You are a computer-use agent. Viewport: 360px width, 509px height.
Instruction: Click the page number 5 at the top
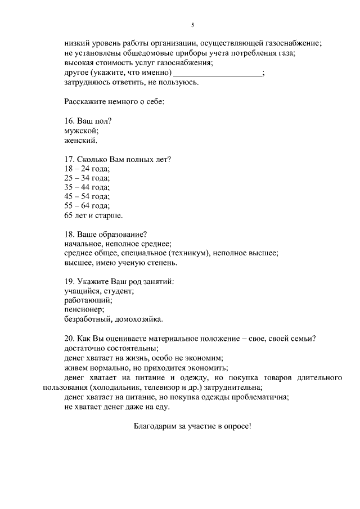(192, 25)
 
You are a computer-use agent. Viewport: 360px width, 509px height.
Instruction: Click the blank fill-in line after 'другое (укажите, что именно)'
(218, 73)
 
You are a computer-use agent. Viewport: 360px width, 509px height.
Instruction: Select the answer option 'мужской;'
(82, 130)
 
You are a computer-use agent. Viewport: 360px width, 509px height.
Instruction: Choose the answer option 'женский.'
(82, 140)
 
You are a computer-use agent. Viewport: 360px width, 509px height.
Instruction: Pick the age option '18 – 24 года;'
(87, 169)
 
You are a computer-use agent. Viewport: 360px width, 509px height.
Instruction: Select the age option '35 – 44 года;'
(87, 187)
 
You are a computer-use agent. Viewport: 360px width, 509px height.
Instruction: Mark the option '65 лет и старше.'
(94, 215)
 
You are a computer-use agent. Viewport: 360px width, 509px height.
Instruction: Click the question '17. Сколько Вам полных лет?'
(118, 159)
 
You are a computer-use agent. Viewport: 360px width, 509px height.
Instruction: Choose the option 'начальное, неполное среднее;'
(118, 244)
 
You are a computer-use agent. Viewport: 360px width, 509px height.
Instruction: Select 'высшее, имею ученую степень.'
(121, 262)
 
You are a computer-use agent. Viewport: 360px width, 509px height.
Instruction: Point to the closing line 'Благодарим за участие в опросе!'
(192, 426)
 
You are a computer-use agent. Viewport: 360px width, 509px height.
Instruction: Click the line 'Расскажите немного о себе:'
(114, 102)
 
